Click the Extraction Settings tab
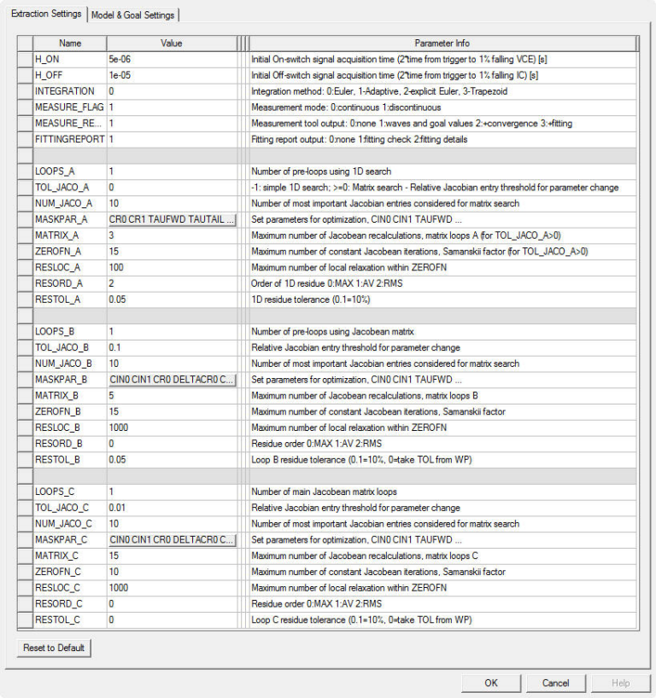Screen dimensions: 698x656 tap(46, 14)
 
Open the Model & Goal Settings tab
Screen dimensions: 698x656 tap(132, 15)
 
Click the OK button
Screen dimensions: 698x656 tap(490, 683)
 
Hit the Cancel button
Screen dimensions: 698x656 tap(555, 683)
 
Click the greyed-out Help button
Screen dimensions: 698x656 tap(620, 683)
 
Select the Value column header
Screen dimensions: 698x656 tap(171, 43)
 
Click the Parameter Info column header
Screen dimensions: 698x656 tap(442, 43)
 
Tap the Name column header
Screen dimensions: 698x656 tap(70, 43)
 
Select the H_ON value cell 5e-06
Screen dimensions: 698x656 tap(171, 59)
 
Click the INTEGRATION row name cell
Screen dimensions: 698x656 tap(70, 91)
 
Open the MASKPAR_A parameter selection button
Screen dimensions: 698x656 tap(171, 219)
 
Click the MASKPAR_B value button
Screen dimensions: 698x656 tap(171, 380)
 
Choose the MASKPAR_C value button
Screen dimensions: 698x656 tap(171, 540)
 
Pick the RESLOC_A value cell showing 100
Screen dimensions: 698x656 tap(171, 268)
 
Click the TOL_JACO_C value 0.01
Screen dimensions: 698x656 tap(171, 508)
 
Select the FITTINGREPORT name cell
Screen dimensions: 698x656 tap(70, 139)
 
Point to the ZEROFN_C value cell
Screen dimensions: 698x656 tap(171, 572)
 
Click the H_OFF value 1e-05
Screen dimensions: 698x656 tap(171, 75)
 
